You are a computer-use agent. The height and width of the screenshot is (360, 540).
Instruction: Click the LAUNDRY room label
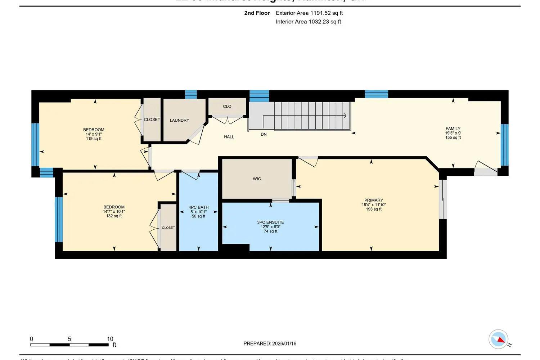(x=179, y=121)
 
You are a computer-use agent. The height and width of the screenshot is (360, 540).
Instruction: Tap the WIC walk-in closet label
(x=257, y=179)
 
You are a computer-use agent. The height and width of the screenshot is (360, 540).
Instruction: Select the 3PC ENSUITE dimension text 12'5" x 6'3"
(x=270, y=227)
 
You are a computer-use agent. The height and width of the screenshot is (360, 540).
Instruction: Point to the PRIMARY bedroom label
(x=373, y=200)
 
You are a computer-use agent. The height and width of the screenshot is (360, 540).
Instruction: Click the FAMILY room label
(x=453, y=129)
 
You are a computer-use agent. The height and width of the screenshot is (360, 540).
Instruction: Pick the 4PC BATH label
(x=198, y=207)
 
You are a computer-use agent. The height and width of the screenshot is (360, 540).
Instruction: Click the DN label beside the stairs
(x=264, y=134)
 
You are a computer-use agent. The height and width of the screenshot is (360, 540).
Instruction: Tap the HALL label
(x=229, y=137)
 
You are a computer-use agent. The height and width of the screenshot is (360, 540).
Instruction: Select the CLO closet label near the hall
(x=227, y=107)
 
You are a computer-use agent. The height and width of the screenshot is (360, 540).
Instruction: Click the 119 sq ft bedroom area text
(x=94, y=139)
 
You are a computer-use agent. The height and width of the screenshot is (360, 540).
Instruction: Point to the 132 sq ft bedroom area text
(x=114, y=216)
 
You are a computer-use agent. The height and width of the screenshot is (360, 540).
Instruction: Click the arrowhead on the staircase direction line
(x=345, y=116)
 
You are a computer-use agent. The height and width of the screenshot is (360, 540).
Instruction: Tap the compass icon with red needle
(x=499, y=339)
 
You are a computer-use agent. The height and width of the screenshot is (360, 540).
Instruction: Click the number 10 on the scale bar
(x=110, y=339)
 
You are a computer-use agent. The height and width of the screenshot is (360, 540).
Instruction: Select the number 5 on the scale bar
(x=69, y=339)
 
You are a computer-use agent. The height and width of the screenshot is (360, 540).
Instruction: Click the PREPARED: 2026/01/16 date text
(x=270, y=343)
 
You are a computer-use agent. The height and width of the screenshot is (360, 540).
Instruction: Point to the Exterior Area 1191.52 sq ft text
(x=309, y=13)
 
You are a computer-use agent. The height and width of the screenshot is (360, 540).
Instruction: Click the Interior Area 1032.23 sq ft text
(x=308, y=22)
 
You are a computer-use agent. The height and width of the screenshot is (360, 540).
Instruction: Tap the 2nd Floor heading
(x=257, y=13)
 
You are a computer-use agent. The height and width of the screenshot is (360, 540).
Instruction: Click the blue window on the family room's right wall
(x=504, y=145)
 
